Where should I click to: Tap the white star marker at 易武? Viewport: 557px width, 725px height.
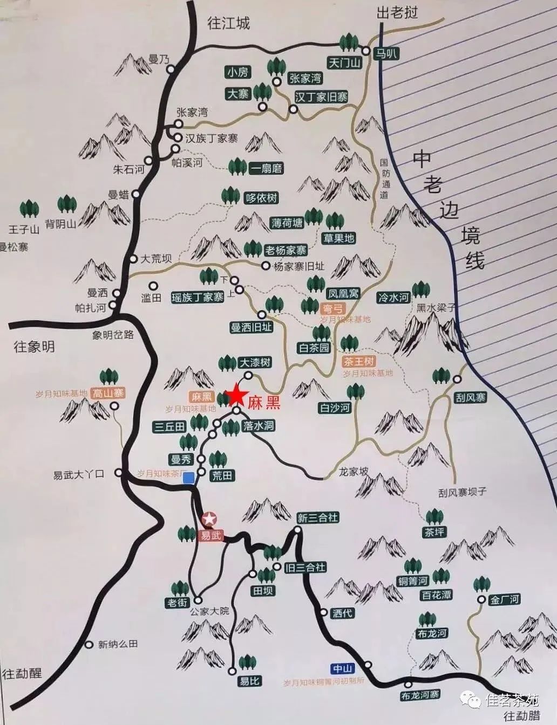point(209,520)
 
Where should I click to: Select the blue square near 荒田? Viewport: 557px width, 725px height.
point(189,481)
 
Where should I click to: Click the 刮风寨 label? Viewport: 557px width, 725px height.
point(470,398)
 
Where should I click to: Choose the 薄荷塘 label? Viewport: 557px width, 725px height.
point(288,222)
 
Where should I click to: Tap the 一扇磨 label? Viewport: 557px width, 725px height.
point(266,169)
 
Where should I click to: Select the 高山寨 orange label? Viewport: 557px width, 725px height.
point(108,394)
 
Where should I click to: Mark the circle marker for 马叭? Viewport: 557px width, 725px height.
point(366,52)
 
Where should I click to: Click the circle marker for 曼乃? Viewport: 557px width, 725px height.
point(171,69)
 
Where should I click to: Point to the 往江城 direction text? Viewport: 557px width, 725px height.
point(229,23)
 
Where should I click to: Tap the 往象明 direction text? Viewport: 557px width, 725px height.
point(34,347)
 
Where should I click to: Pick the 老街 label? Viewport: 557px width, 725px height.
point(178,603)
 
